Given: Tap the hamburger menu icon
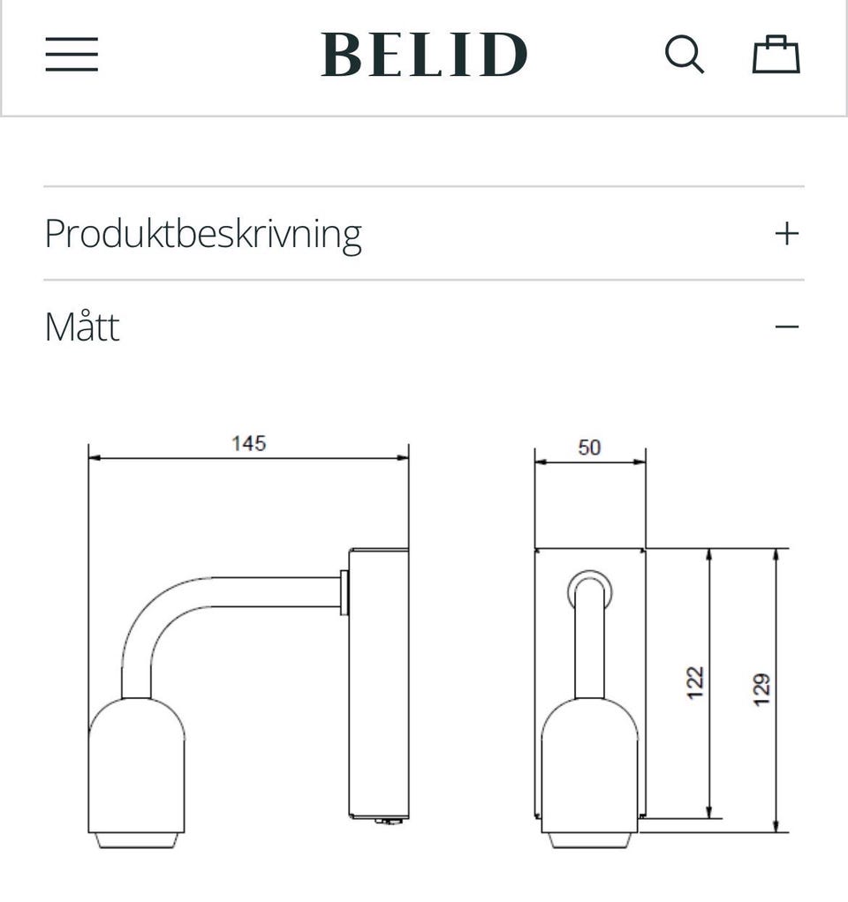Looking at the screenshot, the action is [x=72, y=55].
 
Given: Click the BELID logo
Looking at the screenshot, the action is [x=424, y=55].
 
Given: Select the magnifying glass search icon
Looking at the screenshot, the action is [x=684, y=55].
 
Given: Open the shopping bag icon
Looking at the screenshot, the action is [x=776, y=55].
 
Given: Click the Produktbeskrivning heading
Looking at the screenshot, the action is [x=203, y=235].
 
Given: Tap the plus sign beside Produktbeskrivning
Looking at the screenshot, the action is [x=787, y=234].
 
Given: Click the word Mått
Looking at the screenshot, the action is [x=82, y=327].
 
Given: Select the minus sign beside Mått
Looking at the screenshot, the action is [x=787, y=327].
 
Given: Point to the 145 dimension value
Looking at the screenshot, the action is [x=249, y=444].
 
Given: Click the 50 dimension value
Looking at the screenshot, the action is [x=589, y=447].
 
